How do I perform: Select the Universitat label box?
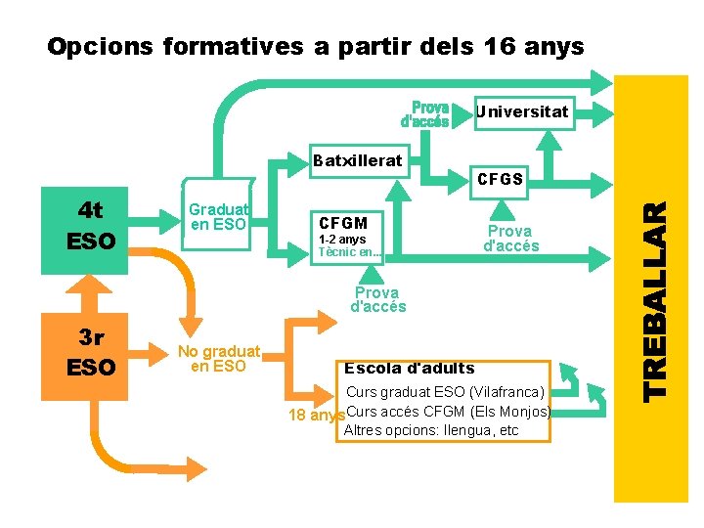521,111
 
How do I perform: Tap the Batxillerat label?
357,160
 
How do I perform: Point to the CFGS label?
501,180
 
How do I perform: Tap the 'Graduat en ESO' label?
219,217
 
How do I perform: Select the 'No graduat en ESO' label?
218,359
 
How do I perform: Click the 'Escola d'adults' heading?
410,369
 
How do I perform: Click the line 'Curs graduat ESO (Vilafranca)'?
446,392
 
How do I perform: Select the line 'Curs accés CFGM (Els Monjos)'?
449,411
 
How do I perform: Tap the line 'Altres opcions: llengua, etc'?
431,430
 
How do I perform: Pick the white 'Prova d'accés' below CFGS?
510,239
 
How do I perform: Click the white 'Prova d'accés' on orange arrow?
377,299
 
